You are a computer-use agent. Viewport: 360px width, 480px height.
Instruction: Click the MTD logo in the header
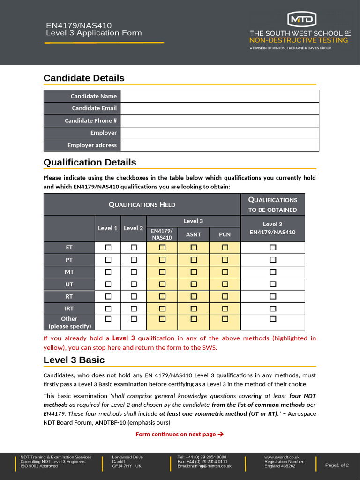301,19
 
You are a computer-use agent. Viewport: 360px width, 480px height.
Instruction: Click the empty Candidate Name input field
219,96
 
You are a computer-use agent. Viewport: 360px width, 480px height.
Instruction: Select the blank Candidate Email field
219,108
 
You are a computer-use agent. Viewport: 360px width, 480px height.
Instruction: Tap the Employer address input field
219,145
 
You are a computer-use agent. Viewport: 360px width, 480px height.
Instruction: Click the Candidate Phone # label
90,120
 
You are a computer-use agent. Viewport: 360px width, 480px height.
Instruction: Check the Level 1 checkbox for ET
108,247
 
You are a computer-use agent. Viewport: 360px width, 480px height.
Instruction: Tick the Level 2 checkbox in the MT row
134,272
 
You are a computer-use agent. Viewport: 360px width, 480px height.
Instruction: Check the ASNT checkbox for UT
194,284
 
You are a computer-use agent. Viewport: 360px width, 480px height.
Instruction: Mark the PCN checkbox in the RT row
225,296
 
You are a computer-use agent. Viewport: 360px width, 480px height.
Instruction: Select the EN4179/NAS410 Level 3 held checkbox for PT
162,260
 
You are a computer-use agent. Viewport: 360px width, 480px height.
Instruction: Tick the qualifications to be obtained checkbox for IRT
273,308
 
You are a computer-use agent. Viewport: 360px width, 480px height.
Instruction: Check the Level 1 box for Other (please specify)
108,319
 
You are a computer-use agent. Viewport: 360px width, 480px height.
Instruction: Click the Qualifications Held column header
142,204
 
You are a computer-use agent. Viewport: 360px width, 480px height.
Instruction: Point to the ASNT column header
194,234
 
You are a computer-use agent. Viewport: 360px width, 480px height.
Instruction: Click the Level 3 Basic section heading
74,360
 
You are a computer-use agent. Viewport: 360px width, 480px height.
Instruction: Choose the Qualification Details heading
90,163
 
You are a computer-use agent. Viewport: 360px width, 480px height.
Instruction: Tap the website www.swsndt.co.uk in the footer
282,457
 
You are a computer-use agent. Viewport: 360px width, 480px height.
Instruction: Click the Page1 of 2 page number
337,465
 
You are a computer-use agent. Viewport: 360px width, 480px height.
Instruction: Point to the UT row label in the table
69,284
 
